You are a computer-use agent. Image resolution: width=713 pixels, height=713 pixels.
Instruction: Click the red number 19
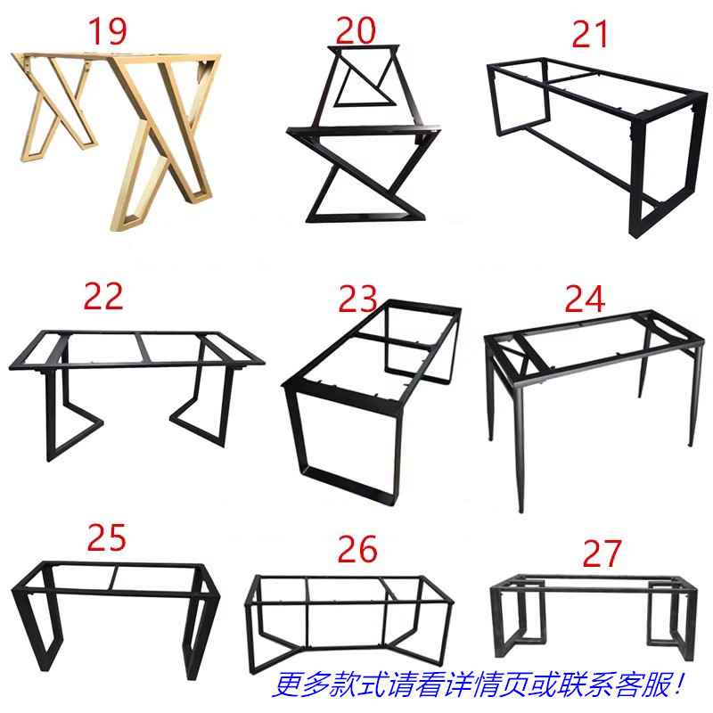pos(107,31)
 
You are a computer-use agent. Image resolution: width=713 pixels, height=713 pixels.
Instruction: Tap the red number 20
pos(356,30)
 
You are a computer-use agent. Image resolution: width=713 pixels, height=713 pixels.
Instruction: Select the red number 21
pos(589,35)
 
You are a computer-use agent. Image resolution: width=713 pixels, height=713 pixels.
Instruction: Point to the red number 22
pos(103,296)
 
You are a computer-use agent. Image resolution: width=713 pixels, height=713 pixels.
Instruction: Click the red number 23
pos(358,299)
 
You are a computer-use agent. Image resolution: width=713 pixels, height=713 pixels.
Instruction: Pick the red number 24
pos(585,299)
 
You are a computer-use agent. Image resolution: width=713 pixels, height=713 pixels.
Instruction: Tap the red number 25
pos(106,537)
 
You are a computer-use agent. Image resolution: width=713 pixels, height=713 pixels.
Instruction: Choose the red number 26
pos(357,549)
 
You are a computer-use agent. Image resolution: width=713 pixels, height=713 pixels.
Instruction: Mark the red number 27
pos(602,553)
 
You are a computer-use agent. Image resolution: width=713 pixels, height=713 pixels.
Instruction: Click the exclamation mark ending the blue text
pos(681,684)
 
